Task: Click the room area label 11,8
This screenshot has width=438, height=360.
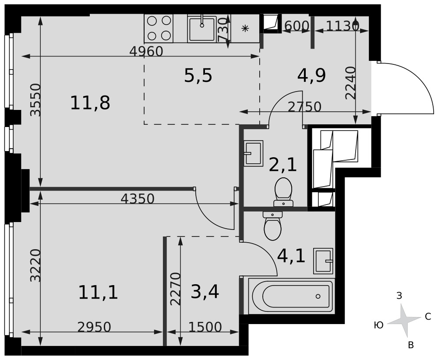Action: click(x=90, y=103)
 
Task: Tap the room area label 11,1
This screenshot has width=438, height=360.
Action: click(x=98, y=293)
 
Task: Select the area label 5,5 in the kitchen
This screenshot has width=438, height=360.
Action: click(x=198, y=75)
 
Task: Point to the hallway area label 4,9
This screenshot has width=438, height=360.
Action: click(x=311, y=75)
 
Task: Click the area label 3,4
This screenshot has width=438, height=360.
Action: click(x=205, y=292)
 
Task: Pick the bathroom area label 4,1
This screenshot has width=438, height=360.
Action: click(x=291, y=256)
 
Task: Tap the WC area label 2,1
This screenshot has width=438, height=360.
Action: click(x=283, y=164)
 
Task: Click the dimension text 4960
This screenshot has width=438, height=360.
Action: click(x=146, y=51)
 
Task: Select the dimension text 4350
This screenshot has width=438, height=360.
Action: click(x=138, y=198)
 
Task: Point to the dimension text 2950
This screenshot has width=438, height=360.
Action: click(x=94, y=327)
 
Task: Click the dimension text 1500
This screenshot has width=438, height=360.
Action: click(x=205, y=327)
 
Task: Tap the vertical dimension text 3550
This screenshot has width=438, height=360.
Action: click(x=36, y=100)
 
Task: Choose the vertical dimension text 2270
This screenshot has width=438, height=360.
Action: click(x=176, y=289)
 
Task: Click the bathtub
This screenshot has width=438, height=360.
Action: click(x=291, y=296)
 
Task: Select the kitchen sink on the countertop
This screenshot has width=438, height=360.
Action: click(x=202, y=29)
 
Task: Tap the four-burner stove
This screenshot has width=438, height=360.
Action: click(x=159, y=28)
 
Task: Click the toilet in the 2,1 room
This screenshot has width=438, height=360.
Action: click(x=283, y=192)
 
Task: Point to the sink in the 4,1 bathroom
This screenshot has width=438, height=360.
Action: click(x=323, y=261)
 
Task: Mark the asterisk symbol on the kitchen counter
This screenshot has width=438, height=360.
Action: click(x=245, y=28)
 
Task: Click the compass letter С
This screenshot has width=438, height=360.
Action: click(x=427, y=317)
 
